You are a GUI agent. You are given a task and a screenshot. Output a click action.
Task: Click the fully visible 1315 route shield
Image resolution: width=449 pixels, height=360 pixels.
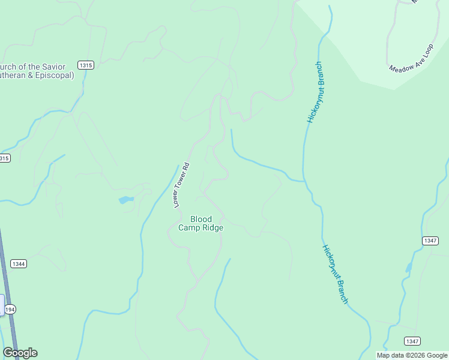point(85,65)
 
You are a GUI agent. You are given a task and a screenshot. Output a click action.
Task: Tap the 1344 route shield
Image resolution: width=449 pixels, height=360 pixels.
point(19,264)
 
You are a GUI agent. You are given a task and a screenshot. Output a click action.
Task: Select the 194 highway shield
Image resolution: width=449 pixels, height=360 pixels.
point(9,310)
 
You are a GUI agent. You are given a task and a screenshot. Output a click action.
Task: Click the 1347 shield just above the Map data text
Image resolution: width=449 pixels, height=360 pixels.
point(412,341)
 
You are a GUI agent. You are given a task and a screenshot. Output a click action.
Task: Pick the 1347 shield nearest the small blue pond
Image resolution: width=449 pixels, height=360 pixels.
point(430,241)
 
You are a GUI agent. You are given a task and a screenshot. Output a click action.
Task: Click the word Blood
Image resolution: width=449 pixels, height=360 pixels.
point(201,219)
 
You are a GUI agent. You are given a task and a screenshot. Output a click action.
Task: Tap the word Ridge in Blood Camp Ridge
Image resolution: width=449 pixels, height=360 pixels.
point(212,228)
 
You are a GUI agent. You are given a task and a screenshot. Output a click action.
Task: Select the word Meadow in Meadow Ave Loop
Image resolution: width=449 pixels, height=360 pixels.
point(399,65)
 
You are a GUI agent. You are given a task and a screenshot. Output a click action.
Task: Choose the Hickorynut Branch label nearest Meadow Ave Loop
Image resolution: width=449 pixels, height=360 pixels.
point(315,92)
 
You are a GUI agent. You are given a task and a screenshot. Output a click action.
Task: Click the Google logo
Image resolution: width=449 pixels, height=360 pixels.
point(20,353)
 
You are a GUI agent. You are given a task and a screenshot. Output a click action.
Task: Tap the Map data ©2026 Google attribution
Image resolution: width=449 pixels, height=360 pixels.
point(412,355)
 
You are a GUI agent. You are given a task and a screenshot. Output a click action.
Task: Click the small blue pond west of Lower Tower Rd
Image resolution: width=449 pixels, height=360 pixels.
point(125,200)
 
